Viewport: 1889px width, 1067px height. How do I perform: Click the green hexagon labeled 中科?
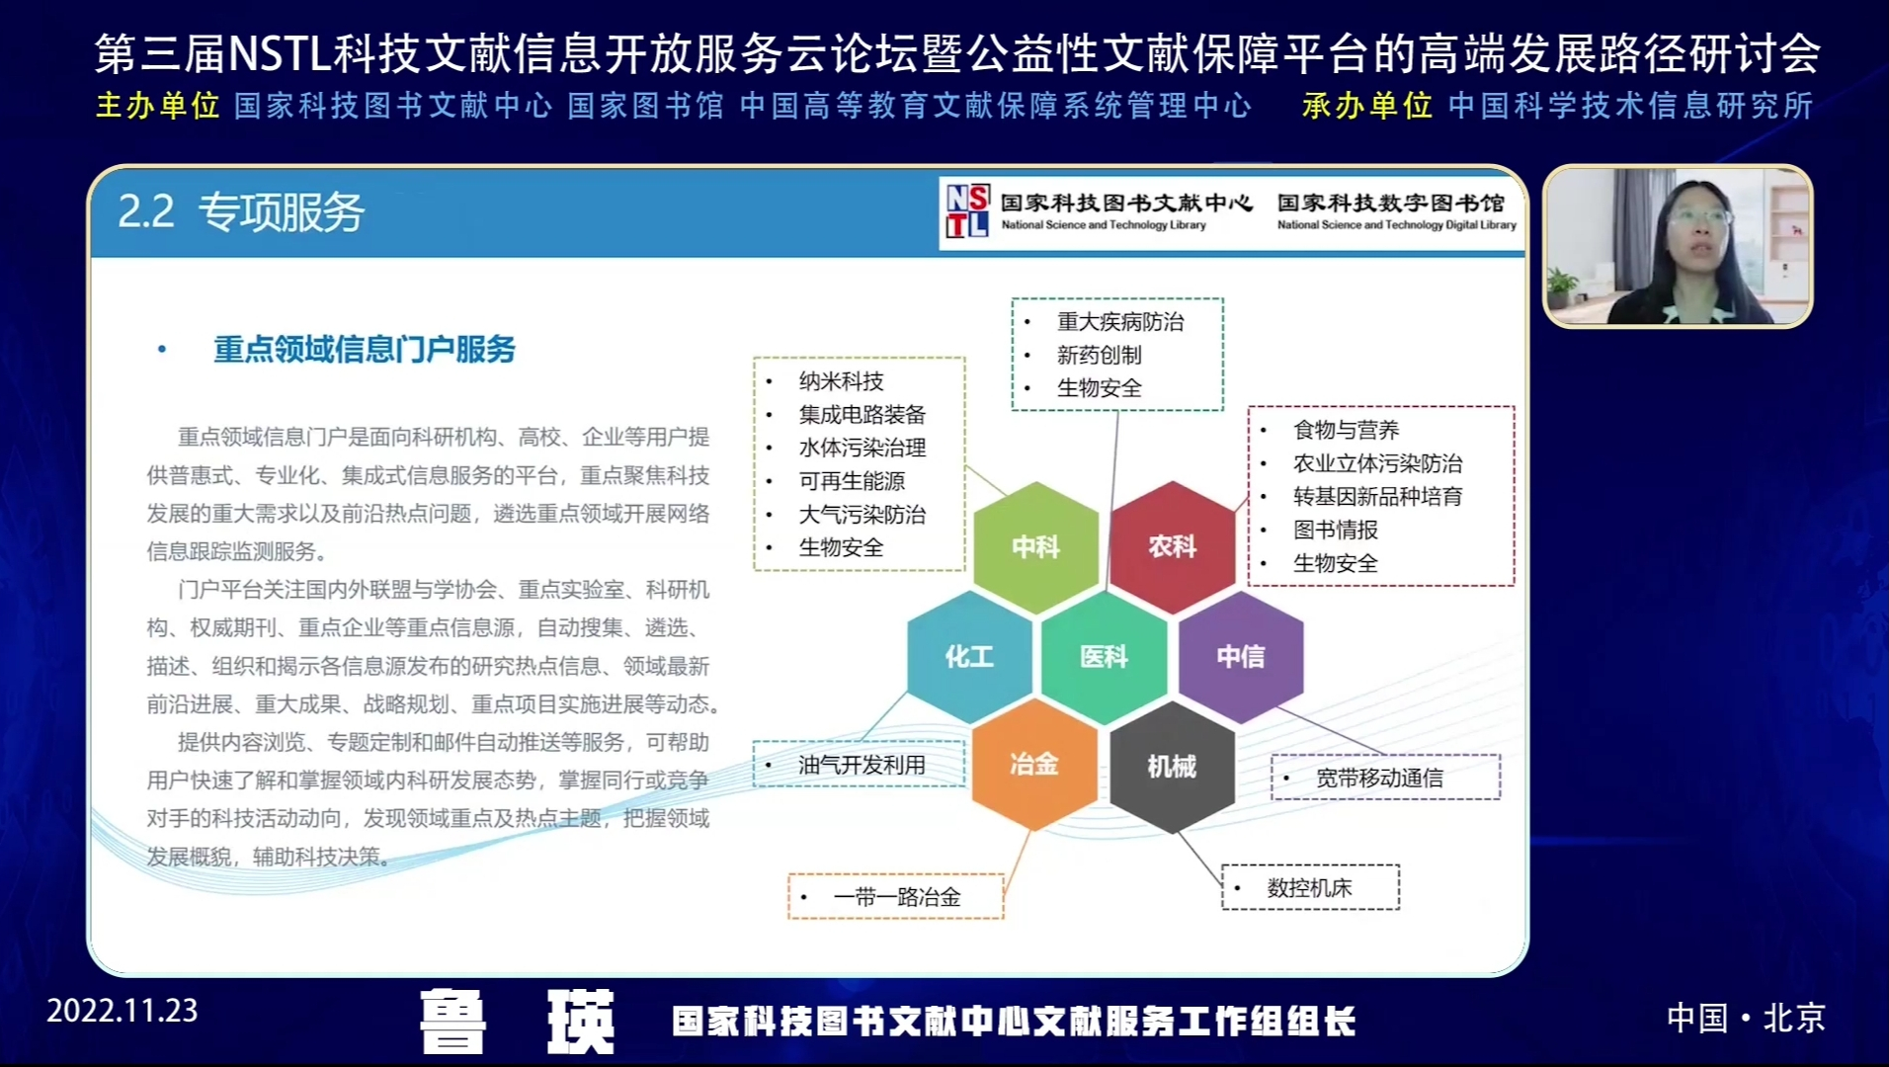coord(1035,546)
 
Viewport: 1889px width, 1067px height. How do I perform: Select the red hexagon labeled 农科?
coord(1172,546)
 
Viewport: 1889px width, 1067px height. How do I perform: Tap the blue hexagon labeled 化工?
coord(968,656)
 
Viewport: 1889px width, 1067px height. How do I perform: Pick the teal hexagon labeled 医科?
coord(1104,656)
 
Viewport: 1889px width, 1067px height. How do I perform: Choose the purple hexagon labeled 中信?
coord(1240,656)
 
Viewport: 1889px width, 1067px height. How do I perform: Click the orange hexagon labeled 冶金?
coord(1034,765)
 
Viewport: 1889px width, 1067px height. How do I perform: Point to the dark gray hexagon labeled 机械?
coord(1172,766)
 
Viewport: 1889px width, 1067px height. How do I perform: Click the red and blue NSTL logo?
coord(967,211)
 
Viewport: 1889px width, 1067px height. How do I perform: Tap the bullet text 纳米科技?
coord(841,381)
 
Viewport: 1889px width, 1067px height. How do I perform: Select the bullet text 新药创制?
coord(1099,355)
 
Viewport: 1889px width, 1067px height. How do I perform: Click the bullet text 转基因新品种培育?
coord(1377,496)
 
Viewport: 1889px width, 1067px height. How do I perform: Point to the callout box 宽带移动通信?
coord(1385,778)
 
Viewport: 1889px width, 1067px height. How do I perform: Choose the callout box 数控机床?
coord(1310,887)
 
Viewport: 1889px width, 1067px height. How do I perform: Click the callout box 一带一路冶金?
coord(895,897)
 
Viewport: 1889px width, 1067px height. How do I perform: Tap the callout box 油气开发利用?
coord(859,765)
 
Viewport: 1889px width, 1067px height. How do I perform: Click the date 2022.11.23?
coord(122,1011)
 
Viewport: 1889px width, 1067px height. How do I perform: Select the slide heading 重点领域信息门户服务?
coord(365,349)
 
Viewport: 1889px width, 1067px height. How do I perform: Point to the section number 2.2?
coord(145,211)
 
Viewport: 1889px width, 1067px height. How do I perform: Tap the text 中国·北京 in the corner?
coord(1746,1018)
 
